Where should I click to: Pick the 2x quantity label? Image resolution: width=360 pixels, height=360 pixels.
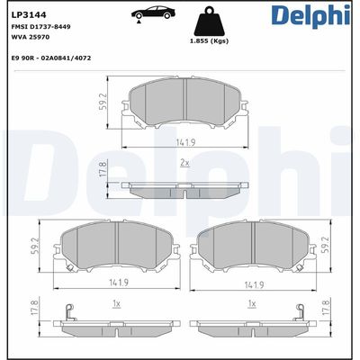184,163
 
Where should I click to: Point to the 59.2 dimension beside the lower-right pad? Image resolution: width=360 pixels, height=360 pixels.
326,245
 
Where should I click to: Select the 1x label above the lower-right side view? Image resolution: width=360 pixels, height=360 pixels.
253,305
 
